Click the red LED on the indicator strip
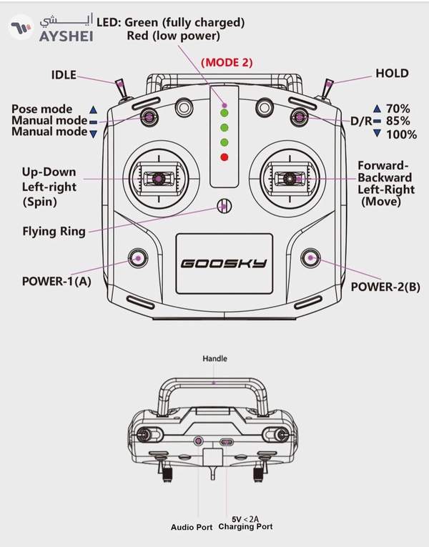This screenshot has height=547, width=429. [x=225, y=157]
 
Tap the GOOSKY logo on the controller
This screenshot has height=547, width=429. [x=224, y=263]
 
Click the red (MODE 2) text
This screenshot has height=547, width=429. [x=227, y=62]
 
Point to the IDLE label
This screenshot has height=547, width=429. [x=64, y=74]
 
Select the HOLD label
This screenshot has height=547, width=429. [x=392, y=73]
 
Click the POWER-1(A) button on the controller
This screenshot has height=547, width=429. [x=138, y=258]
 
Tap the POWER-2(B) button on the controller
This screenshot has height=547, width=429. [x=310, y=258]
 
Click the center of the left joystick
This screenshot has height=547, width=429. [x=159, y=179]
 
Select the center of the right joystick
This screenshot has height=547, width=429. [x=290, y=179]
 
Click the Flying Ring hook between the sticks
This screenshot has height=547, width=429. [x=225, y=206]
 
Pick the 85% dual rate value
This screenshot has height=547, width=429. [x=398, y=121]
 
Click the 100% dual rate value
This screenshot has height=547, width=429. [x=401, y=134]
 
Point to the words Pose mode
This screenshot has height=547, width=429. [x=42, y=109]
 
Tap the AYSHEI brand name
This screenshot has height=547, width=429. [x=66, y=36]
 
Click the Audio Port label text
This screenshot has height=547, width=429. [x=192, y=527]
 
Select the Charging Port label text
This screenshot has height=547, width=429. [x=245, y=526]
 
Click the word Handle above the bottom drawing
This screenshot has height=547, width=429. [x=214, y=358]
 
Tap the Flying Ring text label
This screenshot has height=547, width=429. [x=54, y=231]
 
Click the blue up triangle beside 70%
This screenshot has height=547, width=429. [x=377, y=109]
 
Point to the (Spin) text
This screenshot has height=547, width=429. [x=40, y=202]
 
